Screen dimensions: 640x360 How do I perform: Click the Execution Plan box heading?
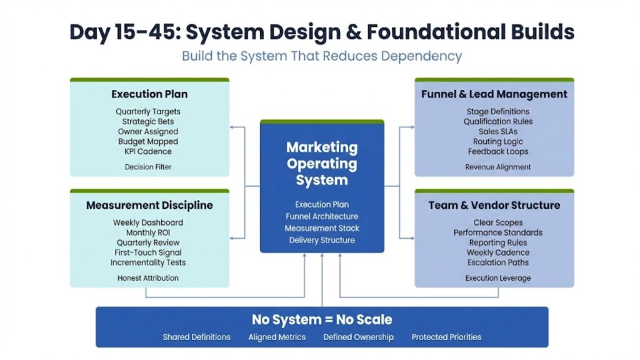(149, 94)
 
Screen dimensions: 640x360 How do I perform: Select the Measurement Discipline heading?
(149, 205)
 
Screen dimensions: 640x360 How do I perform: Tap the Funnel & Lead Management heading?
(494, 94)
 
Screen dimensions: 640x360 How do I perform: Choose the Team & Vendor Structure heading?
(494, 205)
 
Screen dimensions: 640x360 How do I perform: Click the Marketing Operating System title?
(322, 164)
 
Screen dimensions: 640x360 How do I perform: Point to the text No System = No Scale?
(322, 320)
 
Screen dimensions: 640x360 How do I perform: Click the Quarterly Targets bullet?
(148, 112)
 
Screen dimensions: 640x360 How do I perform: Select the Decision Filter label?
(148, 167)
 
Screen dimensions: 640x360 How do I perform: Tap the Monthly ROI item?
(148, 232)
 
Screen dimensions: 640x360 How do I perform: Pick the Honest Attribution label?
(148, 278)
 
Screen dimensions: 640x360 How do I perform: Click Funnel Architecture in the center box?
(322, 216)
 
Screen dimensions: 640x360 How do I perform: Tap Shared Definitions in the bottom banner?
(197, 337)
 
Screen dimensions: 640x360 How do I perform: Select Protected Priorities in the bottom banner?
(446, 337)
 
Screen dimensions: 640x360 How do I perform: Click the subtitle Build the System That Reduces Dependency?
(322, 56)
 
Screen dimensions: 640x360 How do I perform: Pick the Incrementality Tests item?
(148, 262)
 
